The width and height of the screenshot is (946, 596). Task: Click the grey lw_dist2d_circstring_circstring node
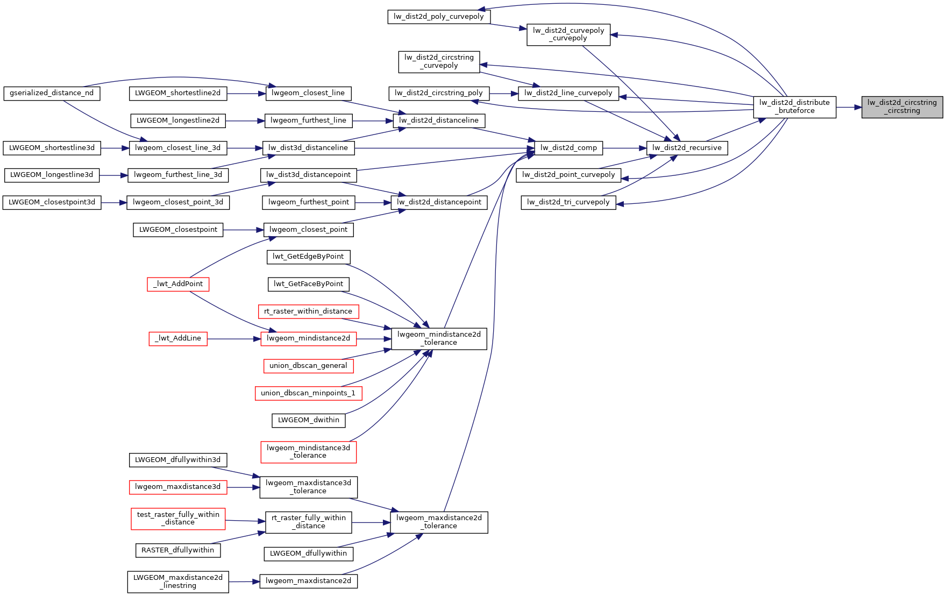[x=902, y=107]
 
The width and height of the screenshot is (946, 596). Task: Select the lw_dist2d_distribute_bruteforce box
[x=794, y=107]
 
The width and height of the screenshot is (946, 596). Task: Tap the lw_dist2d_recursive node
[x=687, y=148]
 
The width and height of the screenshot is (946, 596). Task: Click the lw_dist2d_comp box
[x=568, y=148]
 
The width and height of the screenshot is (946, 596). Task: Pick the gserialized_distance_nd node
[x=52, y=93]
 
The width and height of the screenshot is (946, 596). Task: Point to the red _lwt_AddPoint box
[x=178, y=284]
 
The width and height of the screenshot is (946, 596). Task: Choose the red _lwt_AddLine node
[x=178, y=338]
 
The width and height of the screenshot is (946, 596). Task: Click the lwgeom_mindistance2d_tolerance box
[x=439, y=338]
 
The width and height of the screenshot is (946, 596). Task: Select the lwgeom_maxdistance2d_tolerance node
[x=439, y=522]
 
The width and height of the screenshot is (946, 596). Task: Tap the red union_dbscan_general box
[x=308, y=366]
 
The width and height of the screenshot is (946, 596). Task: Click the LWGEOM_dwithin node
[x=308, y=420]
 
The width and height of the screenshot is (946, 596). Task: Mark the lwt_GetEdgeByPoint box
[x=308, y=257]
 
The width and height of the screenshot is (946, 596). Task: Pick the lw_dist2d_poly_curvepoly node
[x=438, y=17]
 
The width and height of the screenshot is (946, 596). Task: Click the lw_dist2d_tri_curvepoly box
[x=568, y=202]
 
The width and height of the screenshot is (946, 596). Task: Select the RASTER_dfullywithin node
[x=177, y=550]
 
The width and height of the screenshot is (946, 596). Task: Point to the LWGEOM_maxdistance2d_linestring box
[x=178, y=581]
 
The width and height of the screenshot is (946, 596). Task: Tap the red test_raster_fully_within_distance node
[x=178, y=519]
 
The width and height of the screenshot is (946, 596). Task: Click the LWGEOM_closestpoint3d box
[x=52, y=202]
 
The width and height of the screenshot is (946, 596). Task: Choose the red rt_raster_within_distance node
[x=308, y=311]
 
